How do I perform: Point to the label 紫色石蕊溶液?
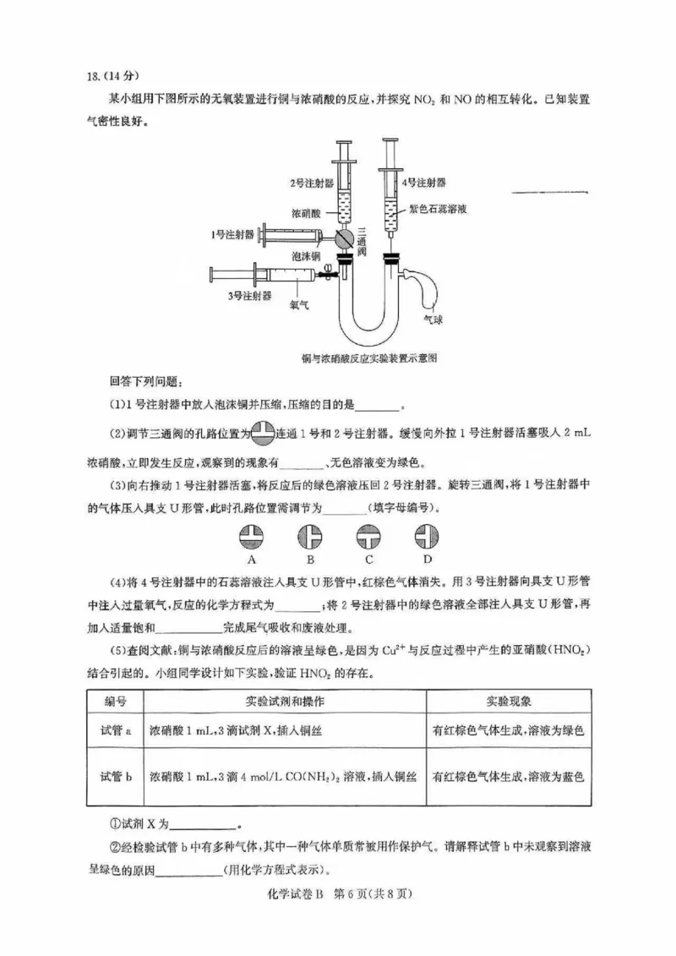click(444, 207)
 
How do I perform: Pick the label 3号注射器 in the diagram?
click(249, 296)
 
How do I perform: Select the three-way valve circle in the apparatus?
click(344, 238)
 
